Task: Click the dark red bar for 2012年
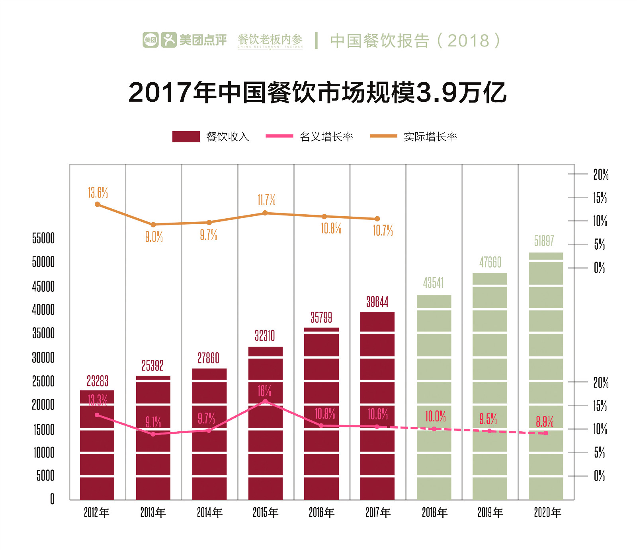97,445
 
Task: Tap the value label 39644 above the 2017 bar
377,302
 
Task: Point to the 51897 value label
544,241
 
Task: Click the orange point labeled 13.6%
98,204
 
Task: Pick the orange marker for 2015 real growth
265,213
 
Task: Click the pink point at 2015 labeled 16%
265,401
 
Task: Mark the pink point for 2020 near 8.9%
546,433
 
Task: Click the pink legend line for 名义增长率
279,136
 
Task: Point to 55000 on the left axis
43,239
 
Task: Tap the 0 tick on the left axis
52,499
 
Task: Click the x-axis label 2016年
322,513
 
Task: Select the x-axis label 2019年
490,513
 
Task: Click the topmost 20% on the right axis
601,175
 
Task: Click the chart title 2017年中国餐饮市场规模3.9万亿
317,92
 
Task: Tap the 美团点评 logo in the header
185,40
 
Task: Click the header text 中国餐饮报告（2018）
415,41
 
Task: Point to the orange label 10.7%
383,231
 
